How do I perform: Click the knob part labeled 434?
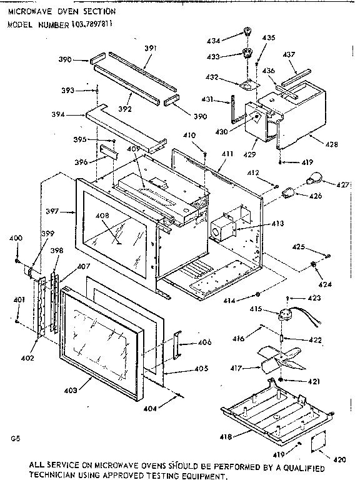click(x=248, y=31)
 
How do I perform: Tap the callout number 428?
click(x=331, y=144)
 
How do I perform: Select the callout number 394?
click(x=76, y=114)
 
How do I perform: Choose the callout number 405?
click(x=201, y=369)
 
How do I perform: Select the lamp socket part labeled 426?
click(x=290, y=190)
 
